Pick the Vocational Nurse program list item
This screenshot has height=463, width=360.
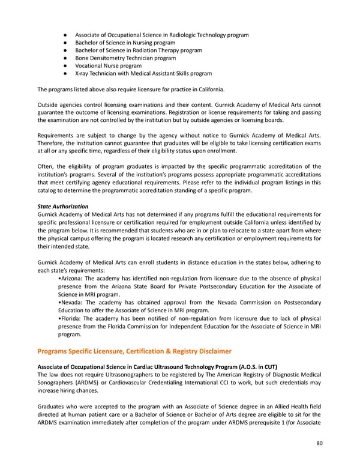(x=108, y=66)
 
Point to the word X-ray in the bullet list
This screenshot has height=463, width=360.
(x=82, y=74)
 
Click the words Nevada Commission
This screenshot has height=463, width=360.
(x=246, y=302)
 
